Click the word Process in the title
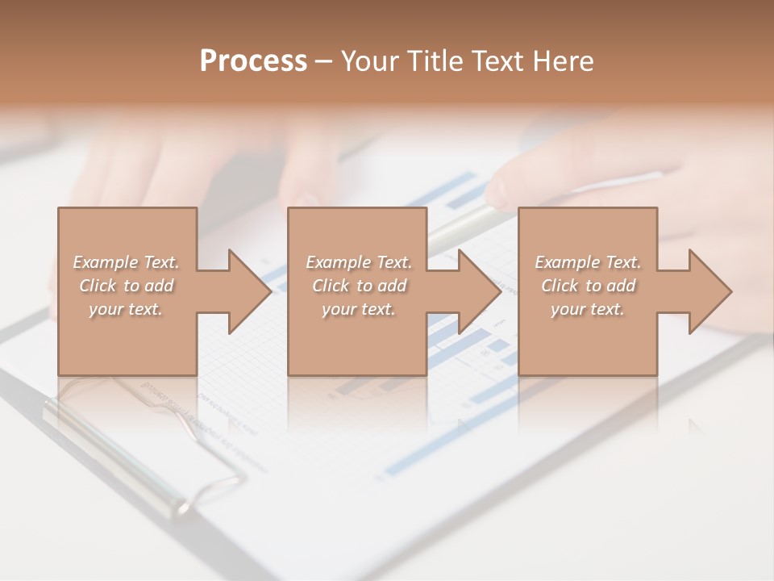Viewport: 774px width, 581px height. click(253, 61)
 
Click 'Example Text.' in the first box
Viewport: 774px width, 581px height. click(126, 262)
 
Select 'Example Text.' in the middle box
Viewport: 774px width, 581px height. click(359, 262)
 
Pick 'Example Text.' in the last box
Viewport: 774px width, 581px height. click(588, 262)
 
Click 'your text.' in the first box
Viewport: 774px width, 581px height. click(126, 309)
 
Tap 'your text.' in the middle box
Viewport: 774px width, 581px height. click(359, 309)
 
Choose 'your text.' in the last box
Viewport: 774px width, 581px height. click(588, 309)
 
